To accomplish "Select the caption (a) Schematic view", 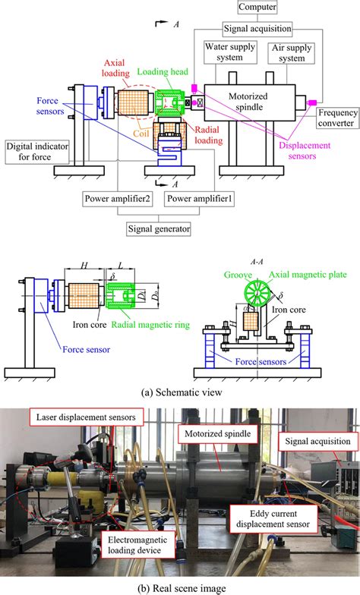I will (x=179, y=392).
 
